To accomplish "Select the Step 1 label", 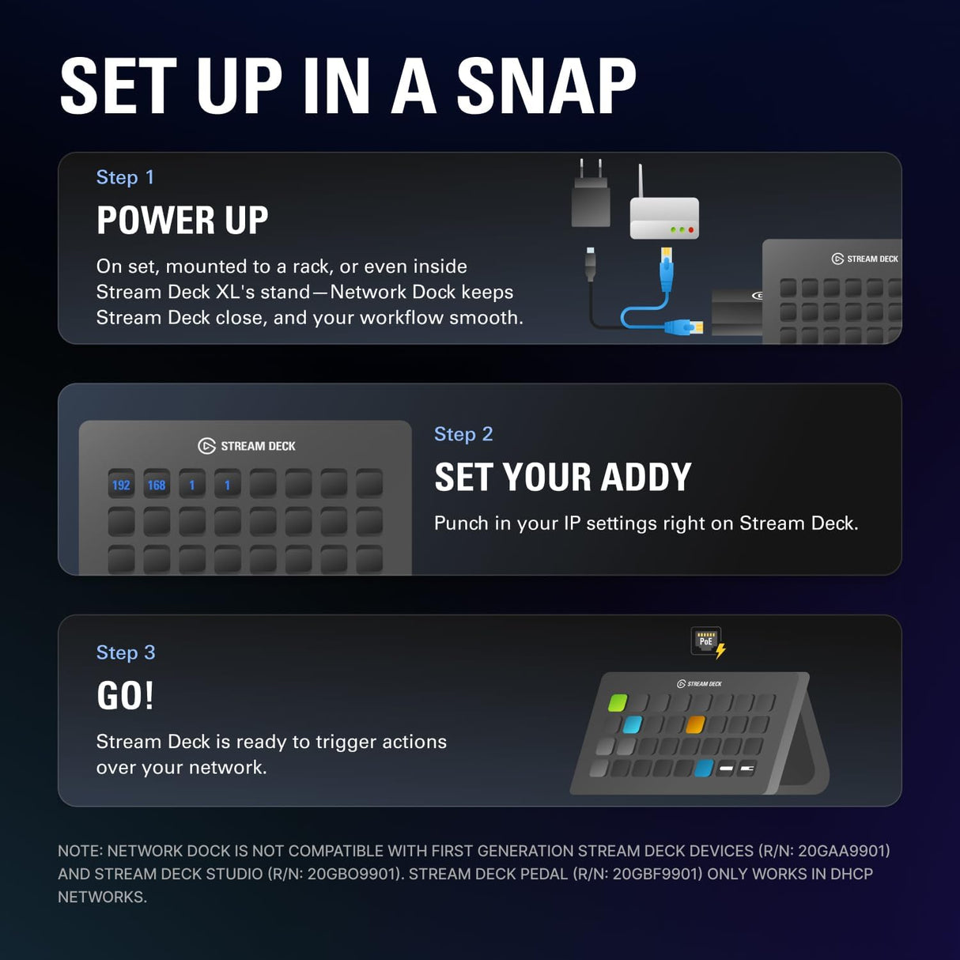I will click(x=125, y=177).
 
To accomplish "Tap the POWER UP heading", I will click(x=182, y=220).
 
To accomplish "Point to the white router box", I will click(x=664, y=219).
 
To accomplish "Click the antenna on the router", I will click(x=641, y=180).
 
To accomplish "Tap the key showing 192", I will click(x=121, y=485).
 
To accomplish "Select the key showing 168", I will click(x=157, y=485).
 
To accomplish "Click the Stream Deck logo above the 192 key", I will click(x=206, y=446).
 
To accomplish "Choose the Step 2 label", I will click(x=463, y=434).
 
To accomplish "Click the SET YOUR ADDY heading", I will click(x=562, y=477).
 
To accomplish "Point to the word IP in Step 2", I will click(x=572, y=523).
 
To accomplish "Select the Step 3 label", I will click(x=126, y=652).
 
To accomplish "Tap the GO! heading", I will click(x=125, y=696).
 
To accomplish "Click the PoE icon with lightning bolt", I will click(x=708, y=642).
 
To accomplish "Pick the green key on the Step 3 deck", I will click(x=618, y=702).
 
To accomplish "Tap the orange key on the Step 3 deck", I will click(x=695, y=724).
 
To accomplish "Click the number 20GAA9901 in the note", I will click(x=842, y=851).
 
